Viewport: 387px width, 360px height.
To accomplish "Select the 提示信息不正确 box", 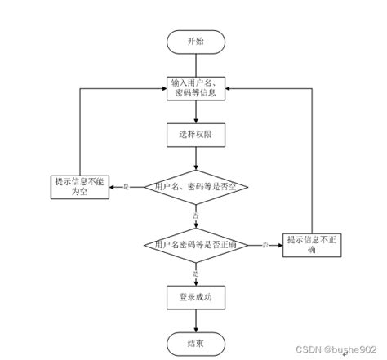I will click(311, 245).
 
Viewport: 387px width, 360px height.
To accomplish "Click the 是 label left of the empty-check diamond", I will click(126, 187).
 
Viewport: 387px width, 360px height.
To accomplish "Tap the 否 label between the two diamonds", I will click(195, 214).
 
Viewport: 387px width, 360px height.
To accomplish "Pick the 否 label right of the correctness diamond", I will click(265, 244).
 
